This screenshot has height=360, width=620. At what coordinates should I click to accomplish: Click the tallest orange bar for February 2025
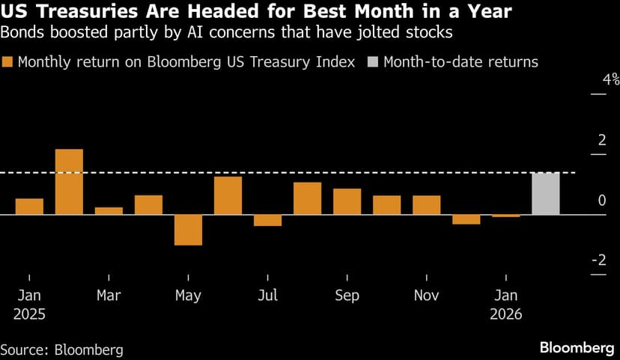coord(69,182)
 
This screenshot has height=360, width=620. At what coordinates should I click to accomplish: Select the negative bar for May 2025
coord(188,230)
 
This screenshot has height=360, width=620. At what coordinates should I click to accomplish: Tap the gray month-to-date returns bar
coord(545,194)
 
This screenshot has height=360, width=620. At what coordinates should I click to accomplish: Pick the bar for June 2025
coord(228,195)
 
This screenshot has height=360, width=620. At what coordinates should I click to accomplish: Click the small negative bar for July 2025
coord(267,220)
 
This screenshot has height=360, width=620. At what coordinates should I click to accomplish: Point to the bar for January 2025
coord(29,207)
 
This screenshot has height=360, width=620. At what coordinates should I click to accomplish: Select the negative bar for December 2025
coord(466,219)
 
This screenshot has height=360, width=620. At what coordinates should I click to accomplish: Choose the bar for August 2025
coord(307,198)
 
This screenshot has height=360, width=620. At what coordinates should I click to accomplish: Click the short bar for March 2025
coord(109,211)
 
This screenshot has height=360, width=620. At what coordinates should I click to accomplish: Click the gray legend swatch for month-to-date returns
coord(373,62)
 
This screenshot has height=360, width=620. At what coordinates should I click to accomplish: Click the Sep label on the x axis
coord(347,295)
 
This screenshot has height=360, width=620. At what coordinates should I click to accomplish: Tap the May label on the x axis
coord(188,295)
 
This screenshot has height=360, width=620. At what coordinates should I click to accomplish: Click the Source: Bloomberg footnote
coord(61,349)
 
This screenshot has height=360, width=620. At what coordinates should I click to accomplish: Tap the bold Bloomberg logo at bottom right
coord(577,348)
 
